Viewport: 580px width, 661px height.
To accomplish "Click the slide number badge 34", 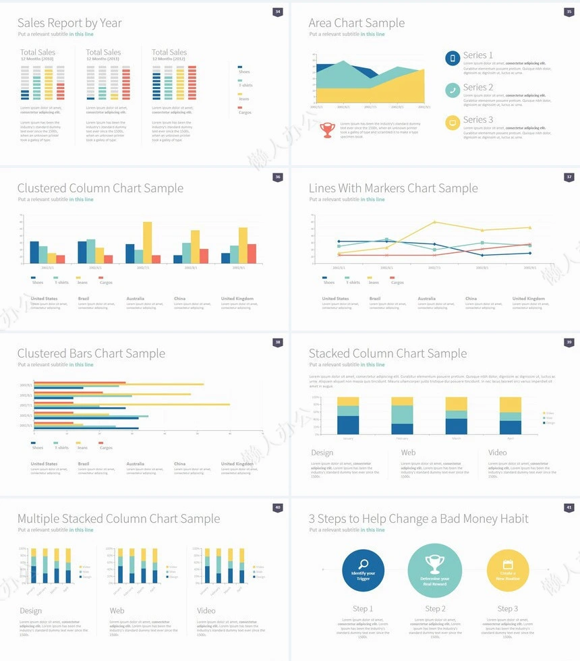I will pos(277,11).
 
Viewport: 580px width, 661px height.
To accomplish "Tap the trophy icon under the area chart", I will pos(327,130).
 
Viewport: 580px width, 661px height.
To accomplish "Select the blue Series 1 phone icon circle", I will pos(453,59).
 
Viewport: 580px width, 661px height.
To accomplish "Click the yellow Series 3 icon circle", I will pos(453,122).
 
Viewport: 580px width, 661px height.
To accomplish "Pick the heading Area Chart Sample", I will pos(357,23).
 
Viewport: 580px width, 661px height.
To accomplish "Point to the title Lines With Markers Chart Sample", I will pos(393,188).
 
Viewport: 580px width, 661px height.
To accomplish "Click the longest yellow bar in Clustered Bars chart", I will pos(132,404).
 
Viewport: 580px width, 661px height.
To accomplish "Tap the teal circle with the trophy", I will pos(435,570).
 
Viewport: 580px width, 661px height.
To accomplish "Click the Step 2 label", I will pos(435,609).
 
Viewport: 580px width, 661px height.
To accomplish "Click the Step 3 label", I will pos(508,609).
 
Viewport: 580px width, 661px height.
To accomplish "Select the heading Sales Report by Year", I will pos(69,23).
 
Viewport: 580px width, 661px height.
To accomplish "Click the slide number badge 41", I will pos(569,507).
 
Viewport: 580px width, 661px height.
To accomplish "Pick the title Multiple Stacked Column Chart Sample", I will pos(119,519).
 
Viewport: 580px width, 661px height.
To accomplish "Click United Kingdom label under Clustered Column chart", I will pos(237,298).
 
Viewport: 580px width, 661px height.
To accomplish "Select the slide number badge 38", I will pos(277,342).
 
